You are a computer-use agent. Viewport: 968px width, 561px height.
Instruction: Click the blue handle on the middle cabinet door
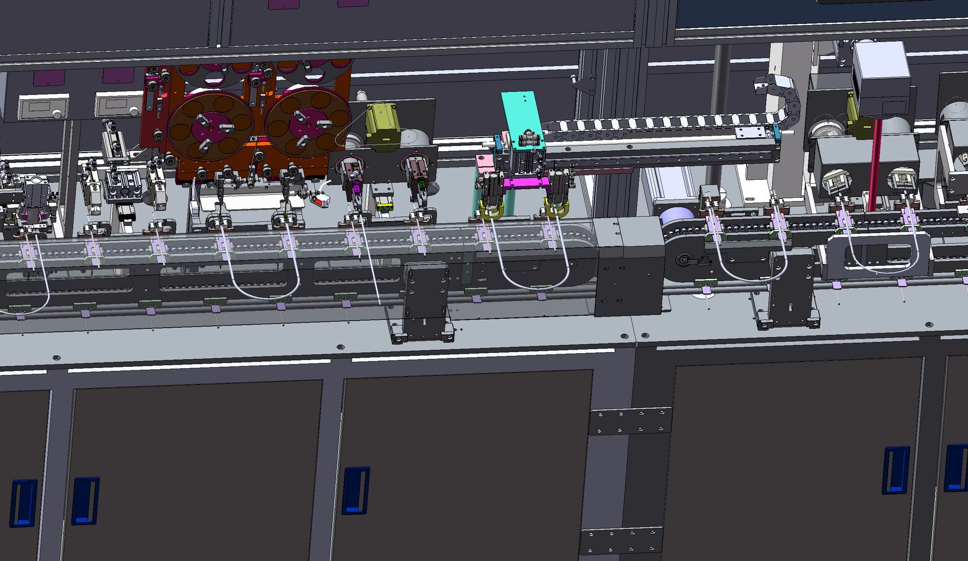356,490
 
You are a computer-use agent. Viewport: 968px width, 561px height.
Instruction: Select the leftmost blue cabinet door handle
23,502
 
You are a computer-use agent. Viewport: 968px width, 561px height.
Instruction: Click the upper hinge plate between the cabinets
630,421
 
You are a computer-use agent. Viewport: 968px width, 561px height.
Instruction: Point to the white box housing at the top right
882,78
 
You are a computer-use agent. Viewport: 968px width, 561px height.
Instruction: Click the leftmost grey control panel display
43,107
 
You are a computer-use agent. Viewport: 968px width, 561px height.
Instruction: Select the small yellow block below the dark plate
384,207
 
